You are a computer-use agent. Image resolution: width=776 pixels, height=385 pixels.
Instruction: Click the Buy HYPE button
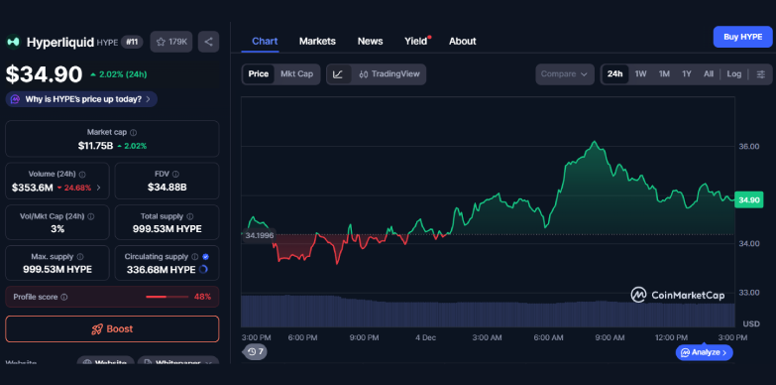742,37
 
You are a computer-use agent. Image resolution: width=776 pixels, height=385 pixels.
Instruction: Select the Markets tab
317,41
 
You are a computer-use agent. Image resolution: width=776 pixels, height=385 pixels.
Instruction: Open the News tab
370,41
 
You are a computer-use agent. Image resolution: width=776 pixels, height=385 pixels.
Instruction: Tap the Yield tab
415,41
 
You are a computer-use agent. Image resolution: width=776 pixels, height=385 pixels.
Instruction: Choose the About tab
462,41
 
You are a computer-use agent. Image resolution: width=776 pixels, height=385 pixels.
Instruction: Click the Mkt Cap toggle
297,73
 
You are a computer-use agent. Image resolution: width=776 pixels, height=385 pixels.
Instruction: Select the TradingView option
389,73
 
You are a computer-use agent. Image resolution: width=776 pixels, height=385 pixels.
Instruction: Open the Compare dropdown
565,73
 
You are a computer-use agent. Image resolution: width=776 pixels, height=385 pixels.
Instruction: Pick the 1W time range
640,73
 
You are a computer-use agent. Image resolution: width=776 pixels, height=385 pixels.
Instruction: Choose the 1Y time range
686,73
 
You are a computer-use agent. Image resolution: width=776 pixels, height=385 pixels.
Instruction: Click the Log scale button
733,73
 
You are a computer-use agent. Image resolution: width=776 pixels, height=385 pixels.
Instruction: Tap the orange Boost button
112,328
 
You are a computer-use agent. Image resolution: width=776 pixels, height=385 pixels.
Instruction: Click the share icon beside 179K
208,42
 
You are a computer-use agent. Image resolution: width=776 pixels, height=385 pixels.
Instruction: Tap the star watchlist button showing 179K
171,42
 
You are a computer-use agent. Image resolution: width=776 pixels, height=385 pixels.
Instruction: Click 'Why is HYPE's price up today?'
82,99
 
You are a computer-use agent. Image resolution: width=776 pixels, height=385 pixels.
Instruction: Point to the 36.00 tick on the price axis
749,146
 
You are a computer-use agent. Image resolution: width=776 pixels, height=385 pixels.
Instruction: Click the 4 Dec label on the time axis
426,337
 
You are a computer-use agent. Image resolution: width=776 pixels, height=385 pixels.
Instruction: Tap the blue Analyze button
705,351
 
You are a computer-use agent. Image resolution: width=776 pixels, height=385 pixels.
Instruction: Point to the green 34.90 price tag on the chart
748,199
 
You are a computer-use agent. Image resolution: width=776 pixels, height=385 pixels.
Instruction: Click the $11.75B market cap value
96,146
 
